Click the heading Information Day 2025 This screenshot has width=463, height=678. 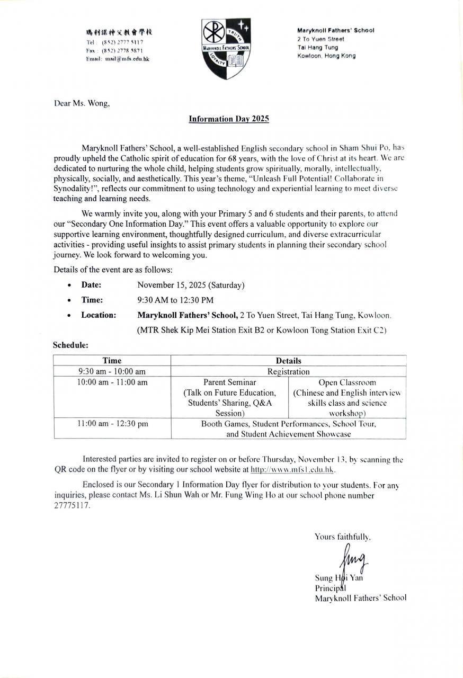[x=229, y=119]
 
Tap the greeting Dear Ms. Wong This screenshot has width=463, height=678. [x=82, y=103]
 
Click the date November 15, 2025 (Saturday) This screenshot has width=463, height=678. [x=191, y=285]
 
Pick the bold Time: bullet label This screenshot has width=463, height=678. [x=92, y=300]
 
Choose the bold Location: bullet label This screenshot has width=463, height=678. [x=99, y=315]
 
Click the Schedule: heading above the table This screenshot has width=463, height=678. [x=70, y=345]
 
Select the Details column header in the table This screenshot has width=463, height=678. [x=288, y=361]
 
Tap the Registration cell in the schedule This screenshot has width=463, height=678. [x=288, y=372]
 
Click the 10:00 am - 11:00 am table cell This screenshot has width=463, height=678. [x=112, y=382]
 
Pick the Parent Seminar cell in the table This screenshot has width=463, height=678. [x=229, y=397]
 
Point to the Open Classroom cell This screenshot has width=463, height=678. [x=347, y=397]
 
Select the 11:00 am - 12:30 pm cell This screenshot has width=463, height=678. [x=112, y=424]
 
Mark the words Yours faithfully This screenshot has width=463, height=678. [x=342, y=537]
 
